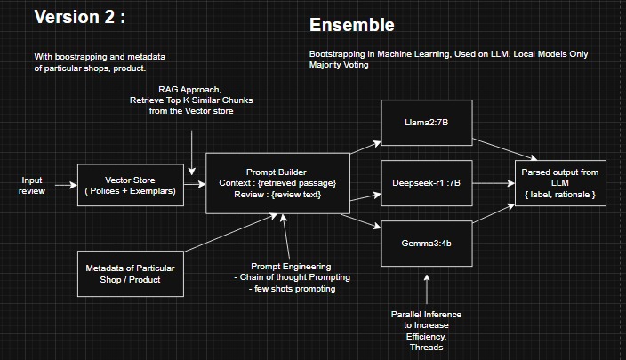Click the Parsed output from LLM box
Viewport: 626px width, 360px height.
coord(560,182)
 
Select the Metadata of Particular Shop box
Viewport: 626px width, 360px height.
coord(131,273)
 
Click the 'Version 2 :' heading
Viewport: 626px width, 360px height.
coord(79,17)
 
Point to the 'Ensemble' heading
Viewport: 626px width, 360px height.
coord(351,25)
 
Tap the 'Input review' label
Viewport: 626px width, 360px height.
coord(31,185)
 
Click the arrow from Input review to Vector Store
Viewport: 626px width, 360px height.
coord(64,186)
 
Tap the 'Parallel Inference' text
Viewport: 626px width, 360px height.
coord(426,316)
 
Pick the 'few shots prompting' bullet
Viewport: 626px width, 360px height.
coord(289,289)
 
